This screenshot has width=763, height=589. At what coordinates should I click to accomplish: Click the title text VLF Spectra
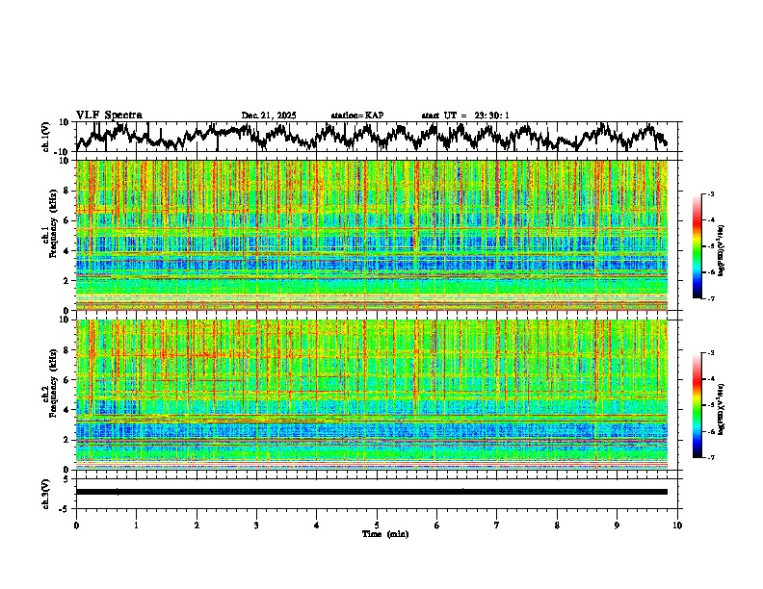[x=109, y=115]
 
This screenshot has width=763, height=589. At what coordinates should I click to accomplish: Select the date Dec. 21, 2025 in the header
[x=269, y=115]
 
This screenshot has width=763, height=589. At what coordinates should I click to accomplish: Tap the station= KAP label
[x=357, y=115]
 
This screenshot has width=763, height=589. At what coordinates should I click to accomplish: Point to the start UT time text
[x=465, y=115]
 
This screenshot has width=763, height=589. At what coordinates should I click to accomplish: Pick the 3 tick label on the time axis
[x=257, y=525]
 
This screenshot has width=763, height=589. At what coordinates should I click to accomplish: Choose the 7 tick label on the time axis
[x=497, y=525]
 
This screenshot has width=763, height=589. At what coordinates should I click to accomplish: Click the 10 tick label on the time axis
[x=677, y=525]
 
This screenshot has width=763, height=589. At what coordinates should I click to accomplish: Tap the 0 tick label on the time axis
[x=76, y=525]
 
